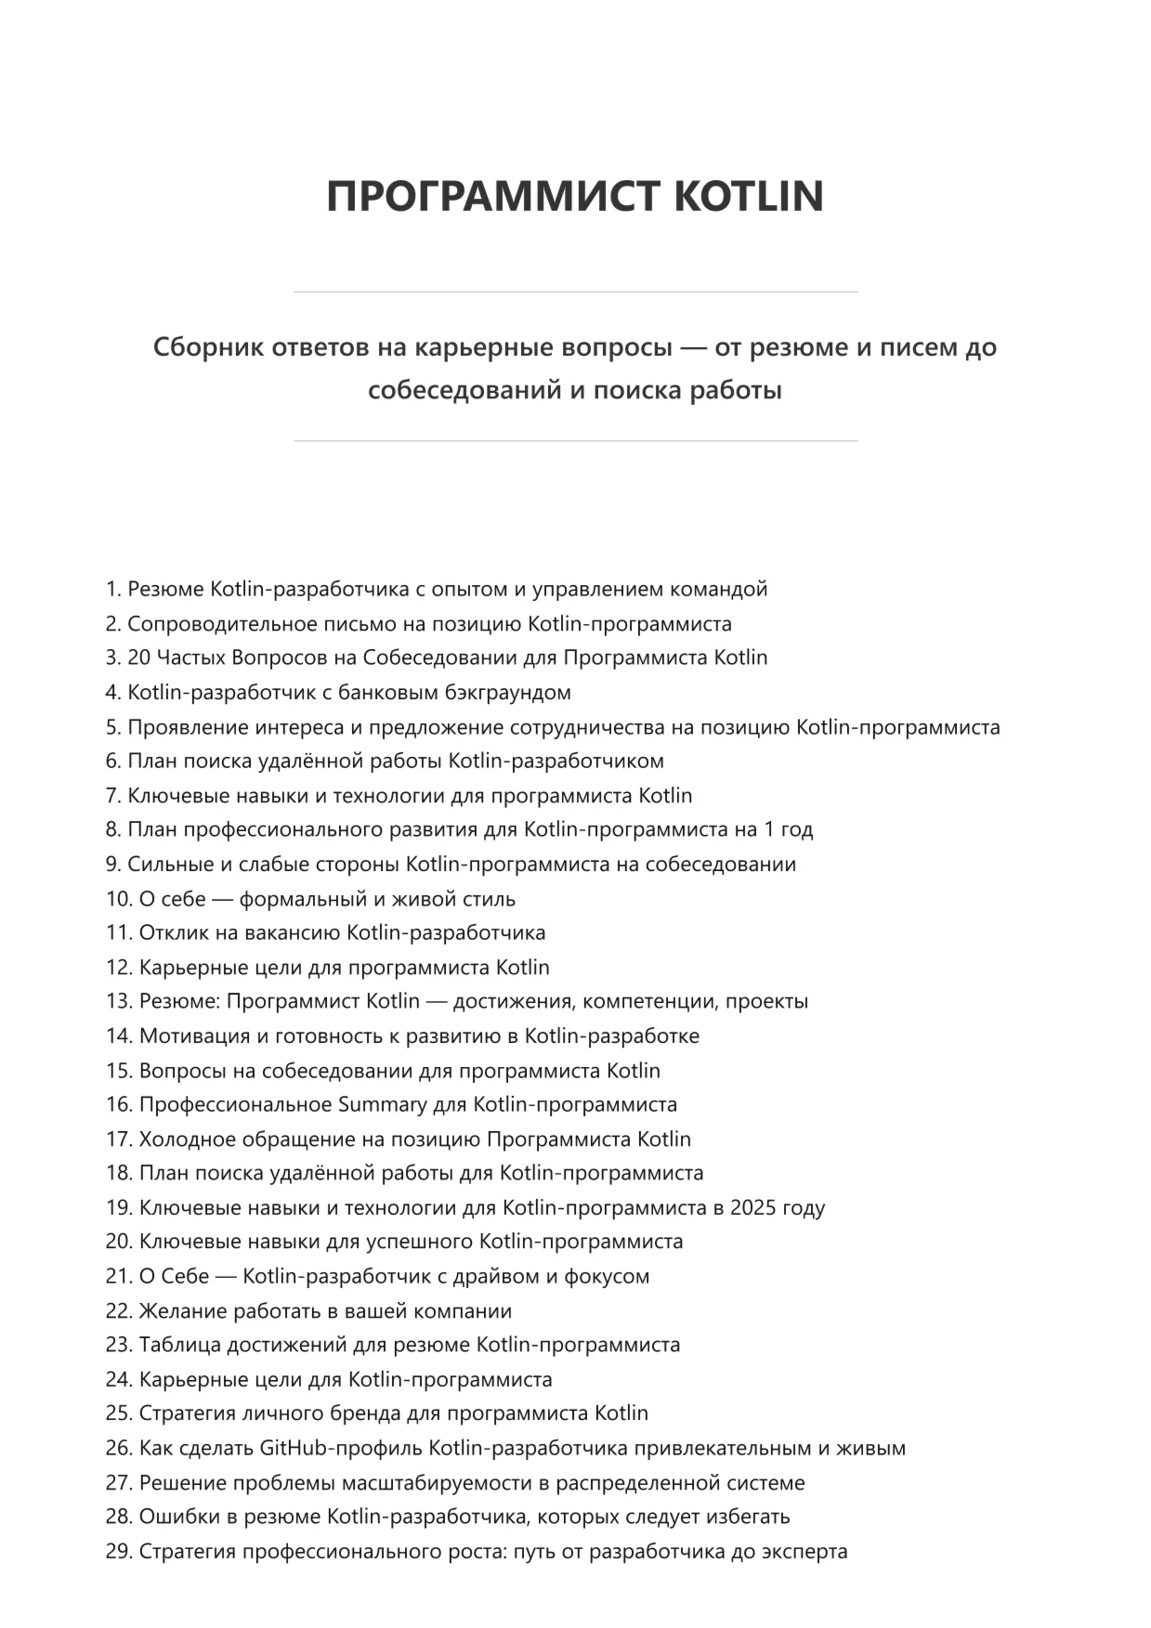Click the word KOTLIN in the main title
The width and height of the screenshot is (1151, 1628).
click(x=747, y=196)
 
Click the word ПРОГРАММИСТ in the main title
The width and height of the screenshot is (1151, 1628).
click(x=492, y=196)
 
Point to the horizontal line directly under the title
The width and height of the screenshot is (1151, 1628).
click(x=575, y=293)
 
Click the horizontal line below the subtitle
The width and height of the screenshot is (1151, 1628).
click(x=575, y=441)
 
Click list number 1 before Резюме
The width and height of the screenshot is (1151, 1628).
click(x=112, y=589)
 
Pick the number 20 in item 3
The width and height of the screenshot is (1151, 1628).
click(x=138, y=658)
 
